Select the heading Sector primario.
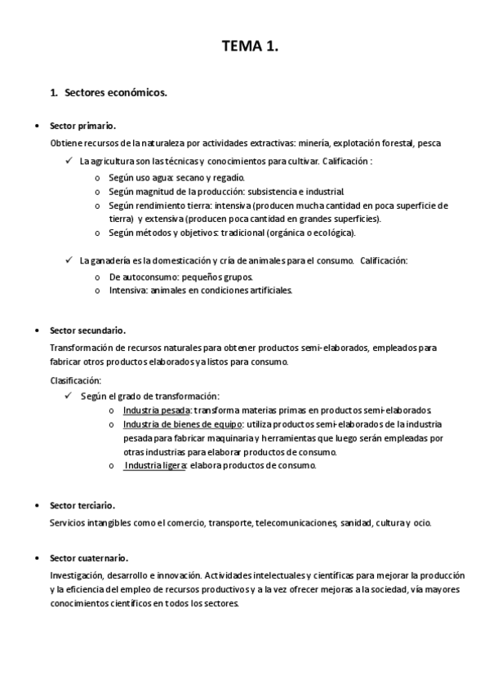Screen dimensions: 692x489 tap(82, 126)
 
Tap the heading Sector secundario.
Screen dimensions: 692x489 tap(87, 330)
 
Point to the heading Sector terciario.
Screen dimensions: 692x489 tap(82, 506)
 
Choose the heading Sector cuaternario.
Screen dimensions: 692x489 tap(89, 558)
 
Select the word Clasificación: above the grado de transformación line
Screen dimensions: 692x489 tap(76, 380)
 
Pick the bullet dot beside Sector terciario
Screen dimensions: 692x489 tap(37, 506)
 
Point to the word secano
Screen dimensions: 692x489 tap(190, 177)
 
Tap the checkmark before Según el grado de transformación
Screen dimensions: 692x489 tap(69, 396)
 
